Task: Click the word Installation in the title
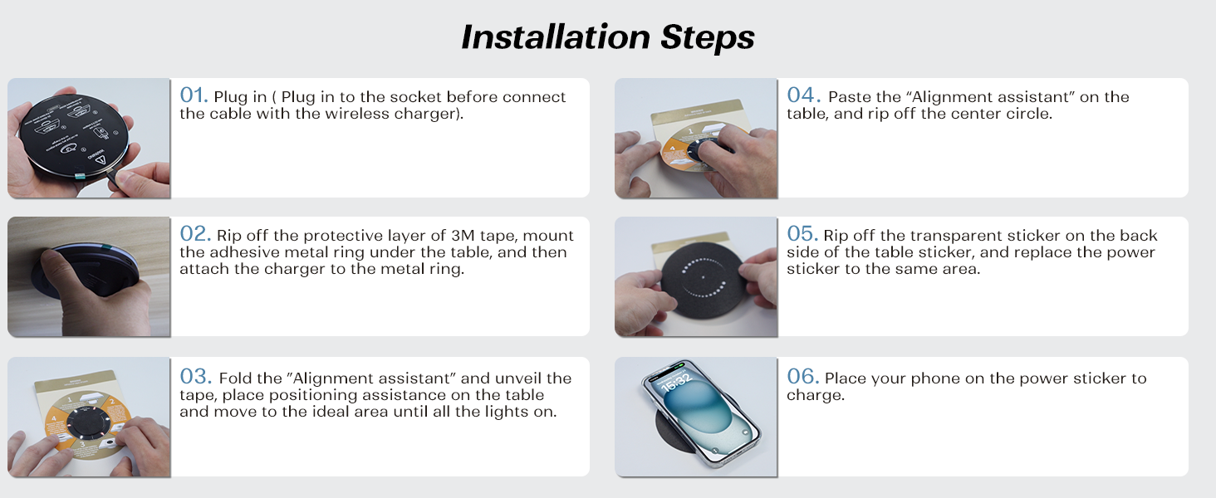(x=556, y=37)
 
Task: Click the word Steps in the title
(x=708, y=38)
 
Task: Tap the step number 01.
(x=194, y=95)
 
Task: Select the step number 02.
(x=194, y=234)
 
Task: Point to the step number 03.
(x=195, y=377)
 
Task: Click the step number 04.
(x=803, y=95)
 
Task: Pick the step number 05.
(x=802, y=234)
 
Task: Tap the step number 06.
(x=803, y=377)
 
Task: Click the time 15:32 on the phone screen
(x=676, y=382)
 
